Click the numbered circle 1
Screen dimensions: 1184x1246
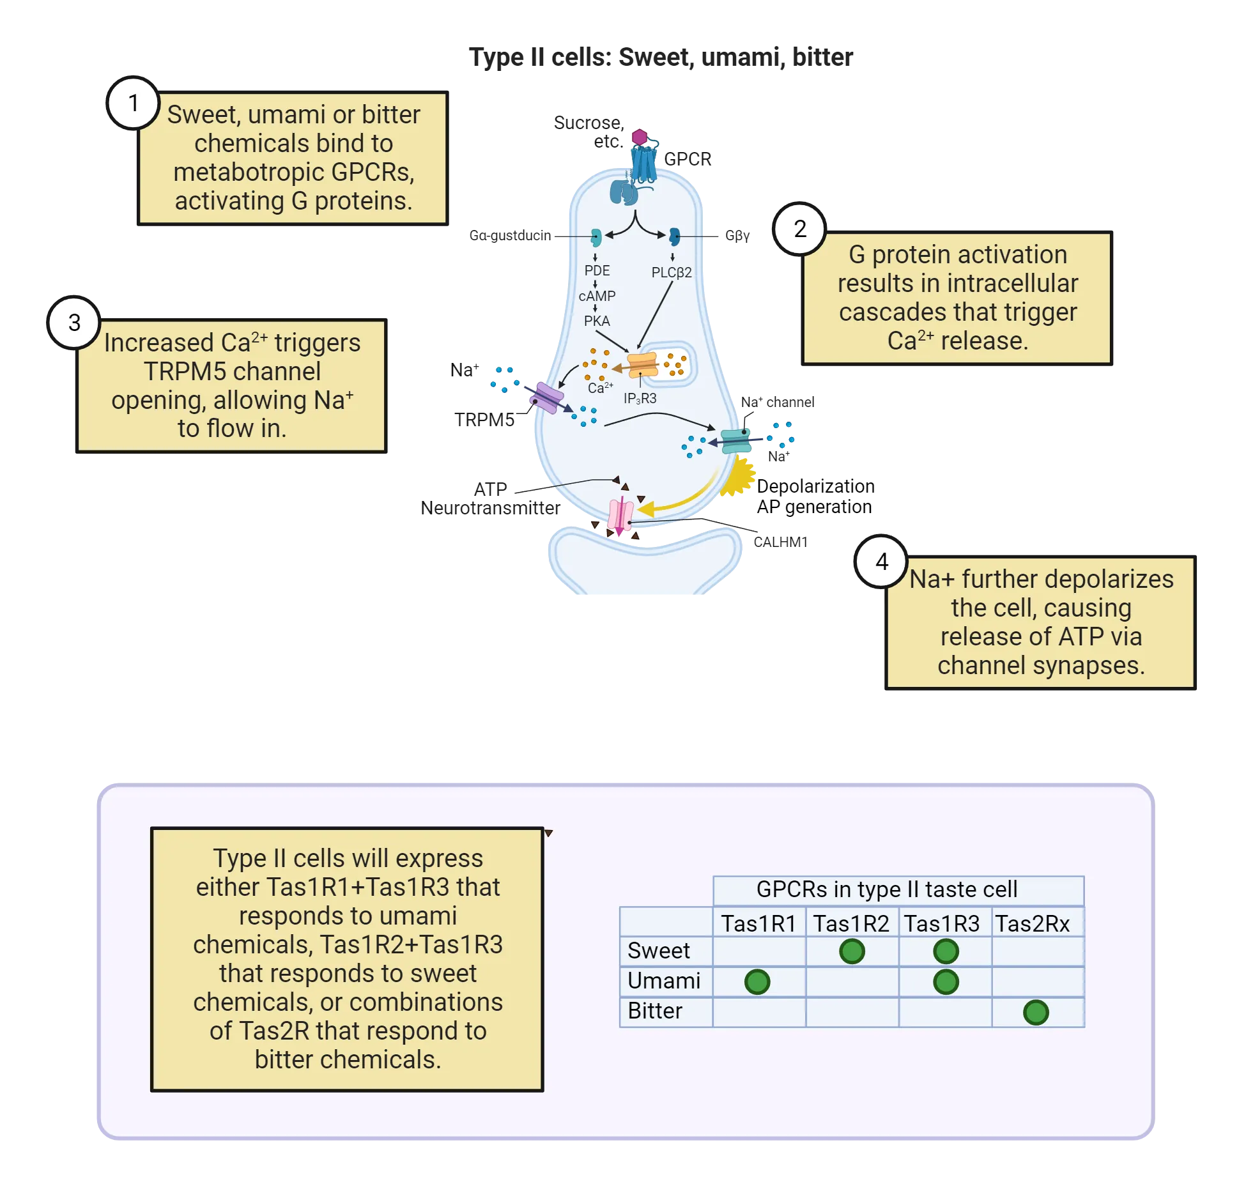134,103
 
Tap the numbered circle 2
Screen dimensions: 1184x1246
799,229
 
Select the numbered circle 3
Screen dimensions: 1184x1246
74,323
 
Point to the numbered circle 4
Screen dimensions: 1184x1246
881,562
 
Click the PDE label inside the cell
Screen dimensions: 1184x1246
597,271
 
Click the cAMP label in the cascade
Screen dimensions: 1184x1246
597,296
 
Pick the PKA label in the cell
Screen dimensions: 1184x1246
597,321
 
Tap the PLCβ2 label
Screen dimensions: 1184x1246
671,272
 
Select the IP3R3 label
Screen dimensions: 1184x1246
640,399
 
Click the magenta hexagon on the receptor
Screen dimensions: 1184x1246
640,137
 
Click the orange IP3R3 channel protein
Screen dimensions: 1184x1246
642,365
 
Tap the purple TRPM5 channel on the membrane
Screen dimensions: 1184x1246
546,397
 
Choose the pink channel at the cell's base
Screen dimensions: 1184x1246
620,516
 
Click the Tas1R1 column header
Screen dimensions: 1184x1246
758,923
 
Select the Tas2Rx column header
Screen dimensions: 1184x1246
1032,923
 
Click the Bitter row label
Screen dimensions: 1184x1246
655,1011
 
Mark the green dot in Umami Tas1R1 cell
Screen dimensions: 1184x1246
757,981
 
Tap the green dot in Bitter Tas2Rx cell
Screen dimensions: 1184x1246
1036,1012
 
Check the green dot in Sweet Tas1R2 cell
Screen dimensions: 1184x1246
852,951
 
